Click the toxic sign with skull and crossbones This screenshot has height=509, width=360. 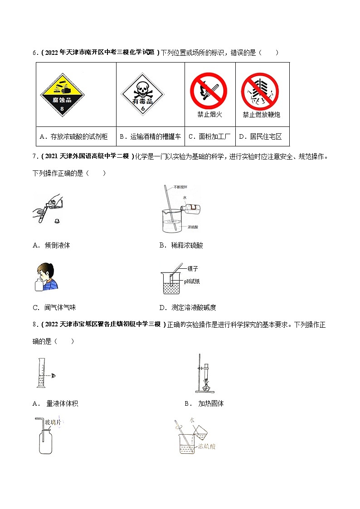(x=142, y=96)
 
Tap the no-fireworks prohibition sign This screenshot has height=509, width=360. (x=260, y=91)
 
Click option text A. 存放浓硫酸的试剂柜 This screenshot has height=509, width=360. (x=76, y=136)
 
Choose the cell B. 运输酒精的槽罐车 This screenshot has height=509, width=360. (x=150, y=136)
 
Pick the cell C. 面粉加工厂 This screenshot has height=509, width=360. (x=209, y=136)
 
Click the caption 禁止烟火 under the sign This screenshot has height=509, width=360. (x=209, y=115)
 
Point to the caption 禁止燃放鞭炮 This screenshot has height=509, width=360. (x=261, y=115)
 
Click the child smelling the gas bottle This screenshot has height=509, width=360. (x=47, y=276)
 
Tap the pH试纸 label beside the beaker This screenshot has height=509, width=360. (x=192, y=281)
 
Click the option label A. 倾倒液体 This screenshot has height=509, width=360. (x=52, y=245)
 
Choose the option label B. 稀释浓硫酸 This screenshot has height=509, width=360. (x=181, y=245)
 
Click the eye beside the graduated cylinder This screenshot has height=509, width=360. (x=54, y=375)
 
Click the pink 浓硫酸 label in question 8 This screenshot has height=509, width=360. (x=207, y=446)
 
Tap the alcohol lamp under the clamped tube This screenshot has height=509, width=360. (x=205, y=386)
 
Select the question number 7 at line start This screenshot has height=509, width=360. (x=34, y=157)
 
